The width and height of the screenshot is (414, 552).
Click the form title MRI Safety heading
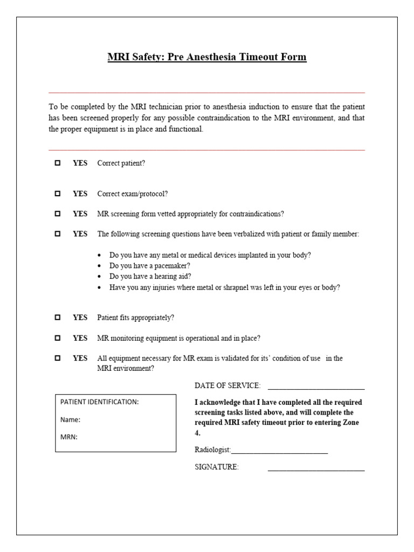pos(207,57)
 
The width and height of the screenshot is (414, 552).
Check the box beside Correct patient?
pos(58,163)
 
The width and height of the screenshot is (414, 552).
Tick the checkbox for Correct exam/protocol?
pos(58,194)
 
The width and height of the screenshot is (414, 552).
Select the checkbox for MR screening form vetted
pos(58,214)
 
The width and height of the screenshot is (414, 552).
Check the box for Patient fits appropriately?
pos(58,318)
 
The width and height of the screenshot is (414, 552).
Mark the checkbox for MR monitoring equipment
pos(58,339)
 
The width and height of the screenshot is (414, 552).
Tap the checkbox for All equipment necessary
pos(58,358)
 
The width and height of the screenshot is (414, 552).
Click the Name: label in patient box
pos(70,419)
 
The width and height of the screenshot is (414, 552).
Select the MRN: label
pos(69,437)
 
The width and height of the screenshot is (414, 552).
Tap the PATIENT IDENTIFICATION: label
pos(99,402)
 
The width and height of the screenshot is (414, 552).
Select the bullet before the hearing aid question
pos(101,277)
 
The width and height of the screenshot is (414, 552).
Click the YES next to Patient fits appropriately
pos(80,318)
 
